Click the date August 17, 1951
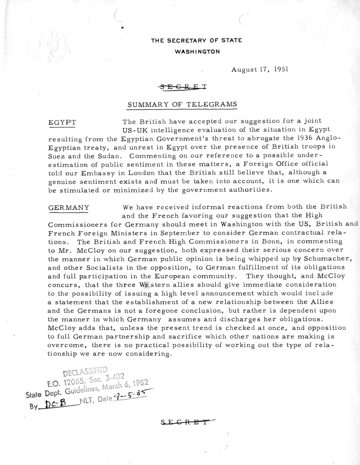pos(259,69)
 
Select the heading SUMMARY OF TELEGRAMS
pos(182,105)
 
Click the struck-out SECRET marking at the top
pos(183,86)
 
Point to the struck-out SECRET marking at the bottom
pos(186,422)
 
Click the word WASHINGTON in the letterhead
pos(197,52)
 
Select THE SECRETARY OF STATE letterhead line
pos(196,41)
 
